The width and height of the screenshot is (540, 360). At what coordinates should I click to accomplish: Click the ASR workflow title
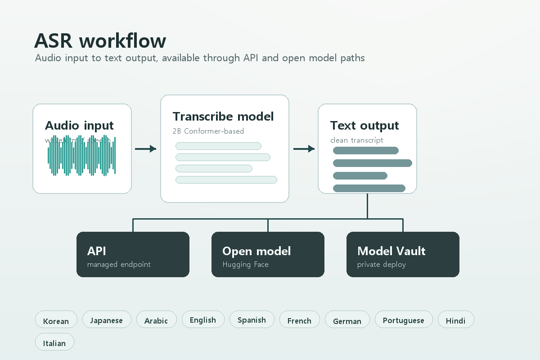coord(100,41)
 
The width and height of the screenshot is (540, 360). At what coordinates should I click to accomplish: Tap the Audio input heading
coord(79,126)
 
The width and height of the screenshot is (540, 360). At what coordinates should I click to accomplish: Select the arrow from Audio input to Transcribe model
coord(145,149)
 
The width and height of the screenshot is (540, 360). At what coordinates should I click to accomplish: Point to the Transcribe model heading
coord(223,117)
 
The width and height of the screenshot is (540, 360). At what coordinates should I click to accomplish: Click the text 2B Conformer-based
coord(208,131)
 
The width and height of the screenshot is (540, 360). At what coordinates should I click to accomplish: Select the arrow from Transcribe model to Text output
coord(304,149)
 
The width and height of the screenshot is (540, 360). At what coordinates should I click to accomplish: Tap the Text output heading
coord(364,126)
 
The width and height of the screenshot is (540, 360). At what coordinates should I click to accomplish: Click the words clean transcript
coord(356,140)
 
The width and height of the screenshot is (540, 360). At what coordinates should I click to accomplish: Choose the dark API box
coord(133,254)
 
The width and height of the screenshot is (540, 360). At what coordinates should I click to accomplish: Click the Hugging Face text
coord(245,265)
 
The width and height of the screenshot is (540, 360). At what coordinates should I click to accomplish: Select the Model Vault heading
coord(391,251)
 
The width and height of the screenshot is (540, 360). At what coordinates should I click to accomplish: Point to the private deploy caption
coord(381,265)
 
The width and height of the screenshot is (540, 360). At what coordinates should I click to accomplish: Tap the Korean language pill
coord(56,321)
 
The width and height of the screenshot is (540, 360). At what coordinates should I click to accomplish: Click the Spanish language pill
coord(252,320)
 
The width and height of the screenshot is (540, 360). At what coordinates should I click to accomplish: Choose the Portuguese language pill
coord(403,320)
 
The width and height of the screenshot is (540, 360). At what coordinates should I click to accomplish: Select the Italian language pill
coord(54,343)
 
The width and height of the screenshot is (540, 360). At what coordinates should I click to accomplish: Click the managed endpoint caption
coord(119,265)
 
